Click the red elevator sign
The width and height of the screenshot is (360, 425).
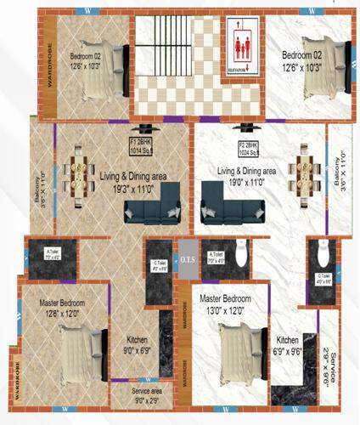click(243, 48)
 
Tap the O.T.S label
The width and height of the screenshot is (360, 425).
click(188, 260)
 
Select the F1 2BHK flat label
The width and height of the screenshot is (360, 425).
click(145, 143)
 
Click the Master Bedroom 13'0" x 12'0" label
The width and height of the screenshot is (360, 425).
click(225, 305)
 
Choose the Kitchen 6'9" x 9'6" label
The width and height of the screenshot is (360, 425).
click(291, 347)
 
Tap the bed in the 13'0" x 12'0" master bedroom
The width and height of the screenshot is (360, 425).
click(240, 353)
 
